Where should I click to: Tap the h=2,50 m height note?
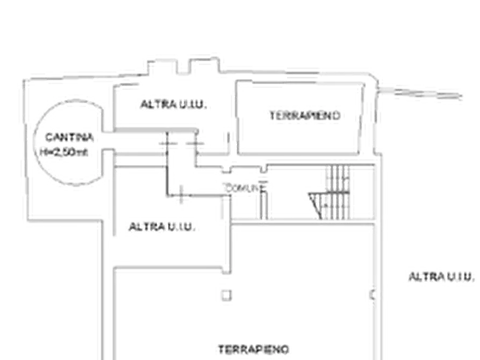coord(66,153)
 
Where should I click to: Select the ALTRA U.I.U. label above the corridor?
coord(175,104)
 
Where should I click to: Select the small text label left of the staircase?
coord(243,188)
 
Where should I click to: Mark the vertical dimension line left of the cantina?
coord(24,145)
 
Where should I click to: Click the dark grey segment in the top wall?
coord(302,73)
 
